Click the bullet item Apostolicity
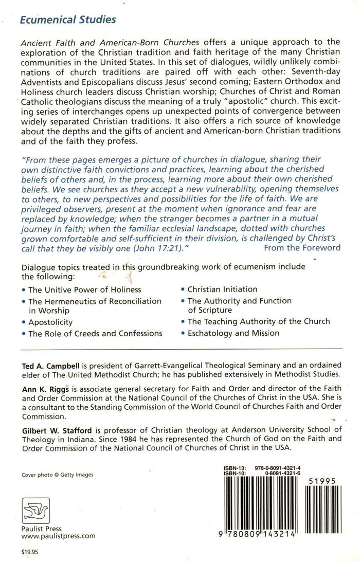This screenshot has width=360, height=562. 50,322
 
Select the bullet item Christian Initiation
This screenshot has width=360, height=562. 222,289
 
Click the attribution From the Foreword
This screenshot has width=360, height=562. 302,247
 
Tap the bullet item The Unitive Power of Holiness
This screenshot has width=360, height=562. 84,290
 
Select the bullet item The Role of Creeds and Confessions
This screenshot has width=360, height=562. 95,333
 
